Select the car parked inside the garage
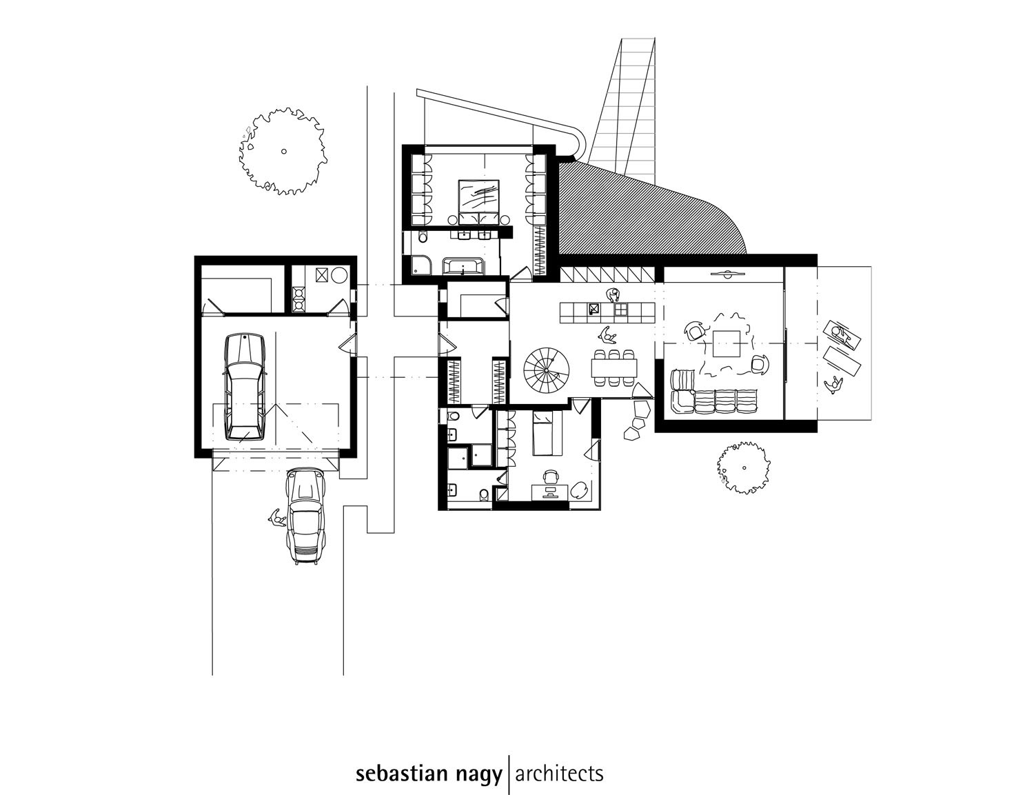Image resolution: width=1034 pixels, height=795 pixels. pyautogui.click(x=245, y=387)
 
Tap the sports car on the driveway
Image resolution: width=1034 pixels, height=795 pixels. pyautogui.click(x=306, y=516)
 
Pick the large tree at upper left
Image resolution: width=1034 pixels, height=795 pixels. pyautogui.click(x=283, y=151)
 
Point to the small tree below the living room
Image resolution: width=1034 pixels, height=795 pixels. pyautogui.click(x=743, y=467)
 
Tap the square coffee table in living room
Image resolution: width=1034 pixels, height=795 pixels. pyautogui.click(x=727, y=343)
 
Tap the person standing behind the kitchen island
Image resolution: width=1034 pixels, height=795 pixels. pyautogui.click(x=613, y=295)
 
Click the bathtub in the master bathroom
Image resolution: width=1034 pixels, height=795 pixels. pyautogui.click(x=463, y=265)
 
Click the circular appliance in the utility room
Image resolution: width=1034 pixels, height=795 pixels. pyautogui.click(x=341, y=275)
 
